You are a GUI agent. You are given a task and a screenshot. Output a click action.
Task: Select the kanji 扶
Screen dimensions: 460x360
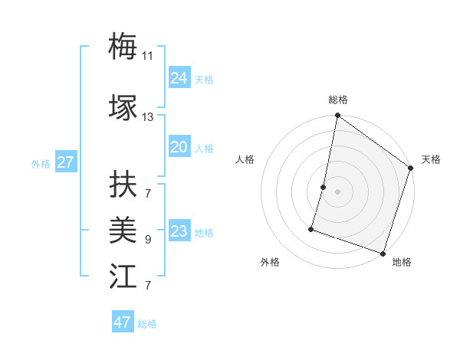click(x=123, y=184)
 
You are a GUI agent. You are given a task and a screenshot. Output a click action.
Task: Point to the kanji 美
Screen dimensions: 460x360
click(x=123, y=229)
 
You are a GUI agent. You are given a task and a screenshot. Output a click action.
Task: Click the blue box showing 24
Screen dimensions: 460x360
click(x=179, y=78)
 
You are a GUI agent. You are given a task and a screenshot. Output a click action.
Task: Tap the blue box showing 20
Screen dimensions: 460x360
click(x=179, y=147)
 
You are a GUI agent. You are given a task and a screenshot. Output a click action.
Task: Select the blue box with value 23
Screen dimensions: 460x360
click(x=179, y=231)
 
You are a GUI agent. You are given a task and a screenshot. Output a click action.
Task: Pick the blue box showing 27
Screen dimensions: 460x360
click(x=65, y=162)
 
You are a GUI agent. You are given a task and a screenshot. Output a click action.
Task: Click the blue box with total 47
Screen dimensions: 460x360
click(x=122, y=322)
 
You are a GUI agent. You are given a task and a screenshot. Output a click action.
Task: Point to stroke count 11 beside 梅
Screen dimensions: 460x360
click(x=147, y=55)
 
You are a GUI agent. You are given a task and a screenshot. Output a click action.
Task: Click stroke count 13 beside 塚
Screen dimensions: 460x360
click(x=147, y=117)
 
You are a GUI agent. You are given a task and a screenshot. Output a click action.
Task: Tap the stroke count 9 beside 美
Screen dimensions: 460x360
click(x=147, y=240)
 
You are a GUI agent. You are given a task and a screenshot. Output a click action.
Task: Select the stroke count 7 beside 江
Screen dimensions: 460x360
click(x=147, y=286)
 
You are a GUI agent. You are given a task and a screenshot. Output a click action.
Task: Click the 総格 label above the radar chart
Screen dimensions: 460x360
click(x=338, y=100)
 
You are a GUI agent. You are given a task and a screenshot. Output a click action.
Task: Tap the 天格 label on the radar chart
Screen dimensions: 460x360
click(x=431, y=159)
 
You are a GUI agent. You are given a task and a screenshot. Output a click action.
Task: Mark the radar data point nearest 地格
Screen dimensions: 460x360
click(x=383, y=253)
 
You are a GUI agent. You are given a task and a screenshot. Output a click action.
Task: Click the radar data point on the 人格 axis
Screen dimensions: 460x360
click(x=324, y=187)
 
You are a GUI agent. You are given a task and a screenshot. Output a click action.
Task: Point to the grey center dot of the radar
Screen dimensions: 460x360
click(x=337, y=191)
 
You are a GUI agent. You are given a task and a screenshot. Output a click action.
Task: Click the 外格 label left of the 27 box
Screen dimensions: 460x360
click(x=41, y=163)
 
